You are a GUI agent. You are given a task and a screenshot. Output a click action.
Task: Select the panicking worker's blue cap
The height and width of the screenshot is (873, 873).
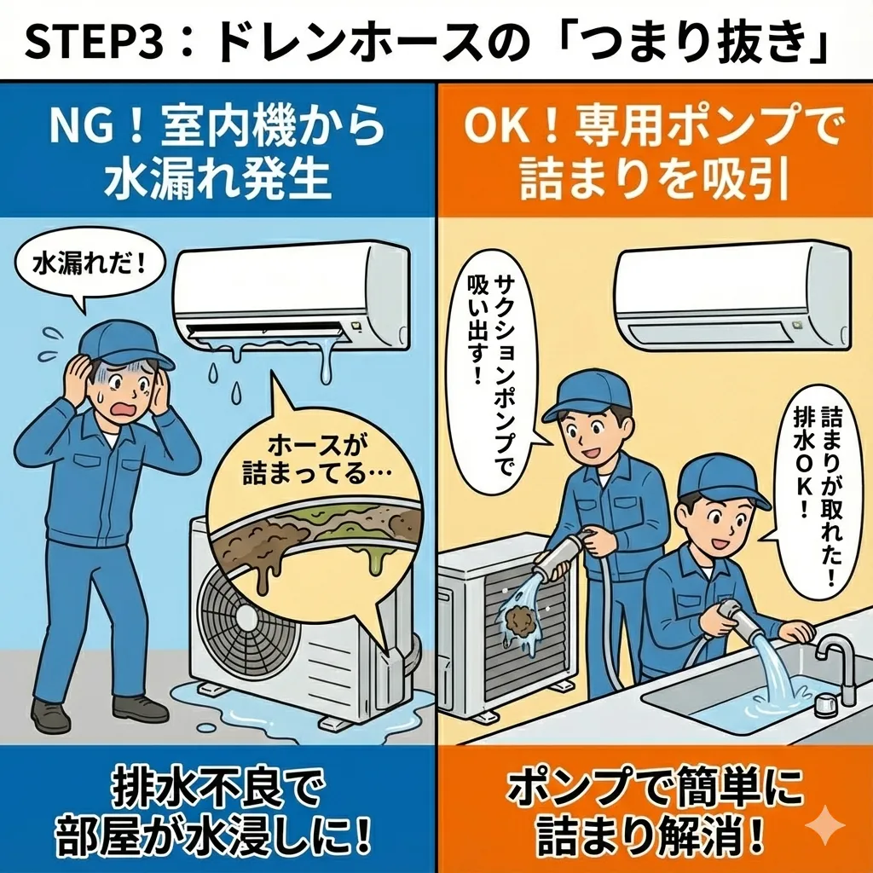124,344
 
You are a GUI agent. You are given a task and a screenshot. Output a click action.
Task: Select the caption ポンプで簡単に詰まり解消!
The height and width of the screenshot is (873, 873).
655,812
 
